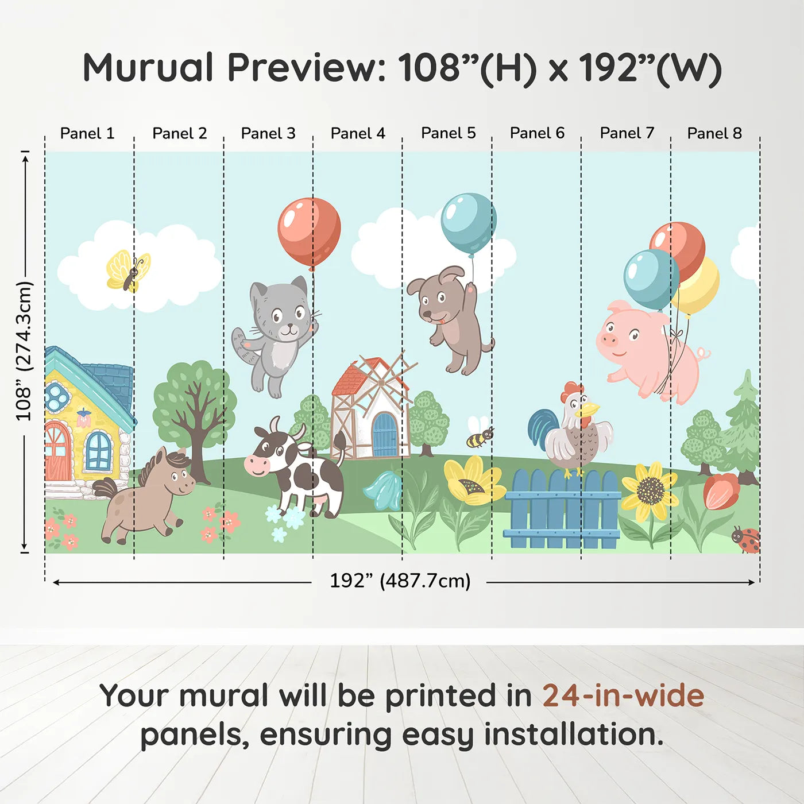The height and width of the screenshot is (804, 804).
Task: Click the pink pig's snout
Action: [608, 339]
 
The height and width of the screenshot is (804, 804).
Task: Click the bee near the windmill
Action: [479, 438]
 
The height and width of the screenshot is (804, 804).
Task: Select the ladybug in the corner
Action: [747, 540]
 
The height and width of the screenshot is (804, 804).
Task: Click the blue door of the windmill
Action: [384, 435]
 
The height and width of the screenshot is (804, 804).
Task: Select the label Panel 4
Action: [358, 133]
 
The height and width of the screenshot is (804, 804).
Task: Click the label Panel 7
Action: [627, 133]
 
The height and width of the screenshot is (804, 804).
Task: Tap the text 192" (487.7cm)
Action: [400, 581]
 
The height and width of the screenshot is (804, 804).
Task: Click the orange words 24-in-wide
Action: [623, 696]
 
